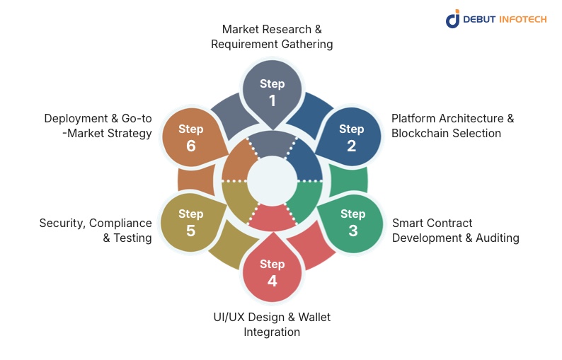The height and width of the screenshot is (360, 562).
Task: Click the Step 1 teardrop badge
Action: click(272, 91)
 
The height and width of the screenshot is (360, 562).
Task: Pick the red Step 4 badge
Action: click(272, 272)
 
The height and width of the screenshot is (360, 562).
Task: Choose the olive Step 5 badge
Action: click(190, 222)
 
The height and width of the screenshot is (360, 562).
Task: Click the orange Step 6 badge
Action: click(190, 137)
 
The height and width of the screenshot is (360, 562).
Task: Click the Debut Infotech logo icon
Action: click(452, 19)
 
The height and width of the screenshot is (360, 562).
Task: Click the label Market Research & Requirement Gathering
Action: click(272, 36)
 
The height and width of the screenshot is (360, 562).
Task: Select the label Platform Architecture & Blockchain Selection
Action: click(452, 125)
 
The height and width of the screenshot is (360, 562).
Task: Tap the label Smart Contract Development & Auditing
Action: click(455, 231)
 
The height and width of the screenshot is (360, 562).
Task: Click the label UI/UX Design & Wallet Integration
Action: click(272, 324)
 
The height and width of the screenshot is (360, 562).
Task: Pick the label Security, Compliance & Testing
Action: click(96, 231)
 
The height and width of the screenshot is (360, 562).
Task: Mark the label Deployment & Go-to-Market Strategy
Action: click(98, 125)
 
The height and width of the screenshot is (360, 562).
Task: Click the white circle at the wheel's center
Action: click(272, 180)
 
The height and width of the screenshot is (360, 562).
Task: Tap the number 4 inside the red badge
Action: click(272, 281)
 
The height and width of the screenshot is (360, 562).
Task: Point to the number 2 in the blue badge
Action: click(351, 146)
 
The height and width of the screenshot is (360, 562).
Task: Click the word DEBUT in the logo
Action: click(479, 19)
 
